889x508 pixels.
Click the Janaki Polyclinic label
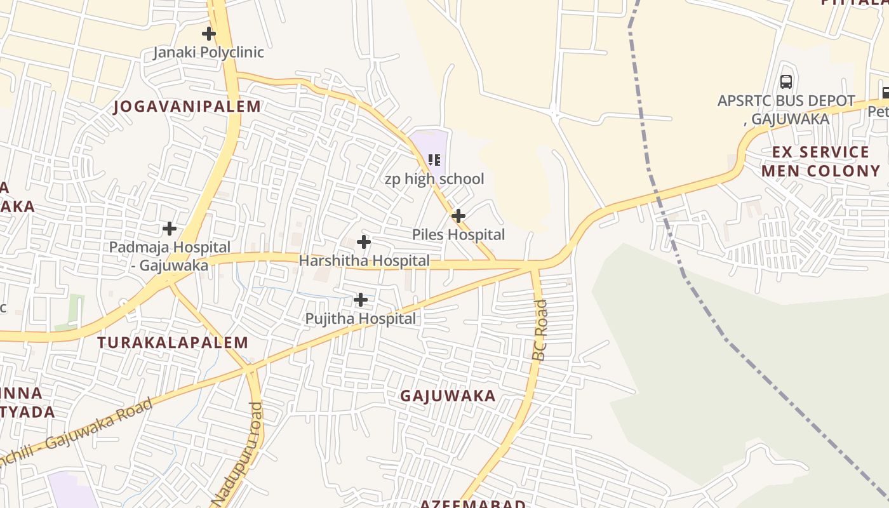pyautogui.click(x=208, y=52)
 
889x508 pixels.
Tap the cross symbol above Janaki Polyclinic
pyautogui.click(x=208, y=33)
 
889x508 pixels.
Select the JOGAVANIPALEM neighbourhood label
pyautogui.click(x=187, y=107)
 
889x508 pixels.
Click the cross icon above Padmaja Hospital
pyautogui.click(x=170, y=228)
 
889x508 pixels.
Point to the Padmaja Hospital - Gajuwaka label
pyautogui.click(x=170, y=256)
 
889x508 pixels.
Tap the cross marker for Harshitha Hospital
pyautogui.click(x=363, y=242)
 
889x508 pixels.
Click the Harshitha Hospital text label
pyautogui.click(x=364, y=260)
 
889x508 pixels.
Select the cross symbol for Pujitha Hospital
pyautogui.click(x=360, y=300)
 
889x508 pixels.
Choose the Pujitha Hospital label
pyautogui.click(x=360, y=318)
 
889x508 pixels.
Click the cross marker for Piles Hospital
pyautogui.click(x=458, y=216)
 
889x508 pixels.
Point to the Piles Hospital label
pyautogui.click(x=458, y=234)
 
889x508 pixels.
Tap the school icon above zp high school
pyautogui.click(x=434, y=159)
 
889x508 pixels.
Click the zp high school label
pyautogui.click(x=434, y=179)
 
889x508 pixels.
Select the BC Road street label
pyautogui.click(x=540, y=330)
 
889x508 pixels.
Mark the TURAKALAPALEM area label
pyautogui.click(x=173, y=343)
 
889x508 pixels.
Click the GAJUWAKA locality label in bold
pyautogui.click(x=448, y=396)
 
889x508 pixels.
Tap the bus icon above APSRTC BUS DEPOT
pyautogui.click(x=786, y=81)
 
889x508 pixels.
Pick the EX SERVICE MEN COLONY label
pyautogui.click(x=820, y=161)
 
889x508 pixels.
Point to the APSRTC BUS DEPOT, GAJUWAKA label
pyautogui.click(x=786, y=109)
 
